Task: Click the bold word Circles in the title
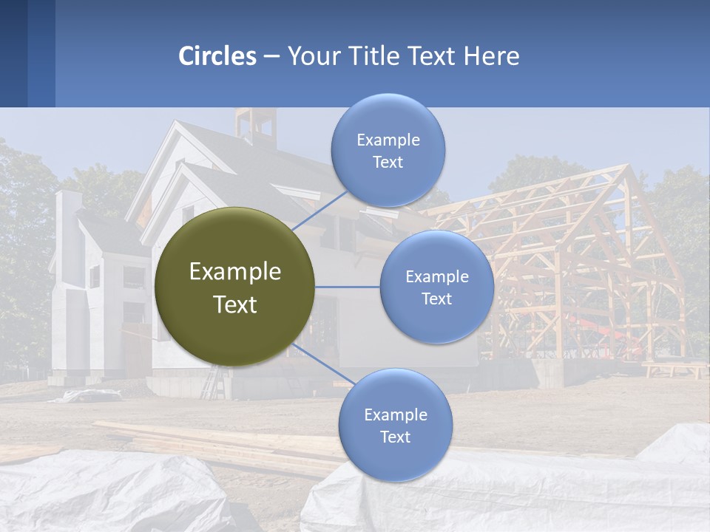[x=217, y=56]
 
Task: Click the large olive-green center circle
[x=234, y=287]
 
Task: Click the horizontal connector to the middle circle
[x=348, y=287]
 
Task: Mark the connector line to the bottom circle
[x=318, y=363]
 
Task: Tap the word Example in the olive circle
[x=235, y=272]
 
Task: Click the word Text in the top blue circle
[x=388, y=162]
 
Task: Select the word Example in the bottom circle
[x=395, y=415]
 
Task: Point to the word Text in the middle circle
[x=436, y=299]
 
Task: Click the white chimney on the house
[x=68, y=222]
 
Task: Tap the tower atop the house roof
[x=255, y=126]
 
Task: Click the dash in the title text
[x=271, y=57]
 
